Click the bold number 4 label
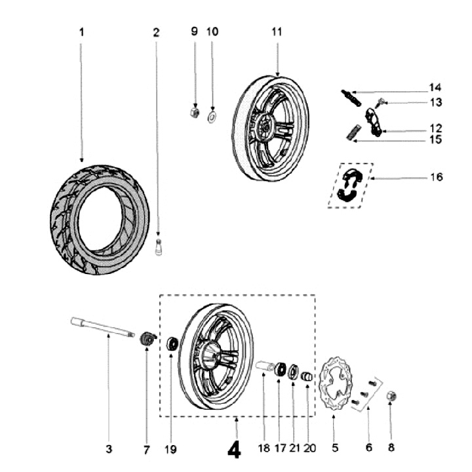234,449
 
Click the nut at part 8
390,397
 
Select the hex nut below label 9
193,113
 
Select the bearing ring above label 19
173,342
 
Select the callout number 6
368,449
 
